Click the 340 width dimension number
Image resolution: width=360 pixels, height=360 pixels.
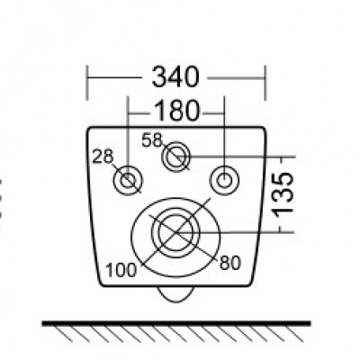pyautogui.click(x=175, y=77)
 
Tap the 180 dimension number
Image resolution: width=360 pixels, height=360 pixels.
pyautogui.click(x=176, y=111)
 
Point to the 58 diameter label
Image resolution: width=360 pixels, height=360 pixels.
pyautogui.click(x=151, y=140)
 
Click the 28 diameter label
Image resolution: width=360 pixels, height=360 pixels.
pyautogui.click(x=103, y=157)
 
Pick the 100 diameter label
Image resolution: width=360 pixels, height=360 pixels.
pyautogui.click(x=121, y=270)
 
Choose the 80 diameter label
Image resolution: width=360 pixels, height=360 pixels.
pyautogui.click(x=230, y=263)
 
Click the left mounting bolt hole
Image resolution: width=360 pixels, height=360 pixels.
pyautogui.click(x=129, y=180)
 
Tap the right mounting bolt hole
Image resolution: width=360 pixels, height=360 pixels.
pyautogui.click(x=224, y=181)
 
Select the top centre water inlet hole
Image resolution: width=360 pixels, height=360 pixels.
pyautogui.click(x=176, y=157)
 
